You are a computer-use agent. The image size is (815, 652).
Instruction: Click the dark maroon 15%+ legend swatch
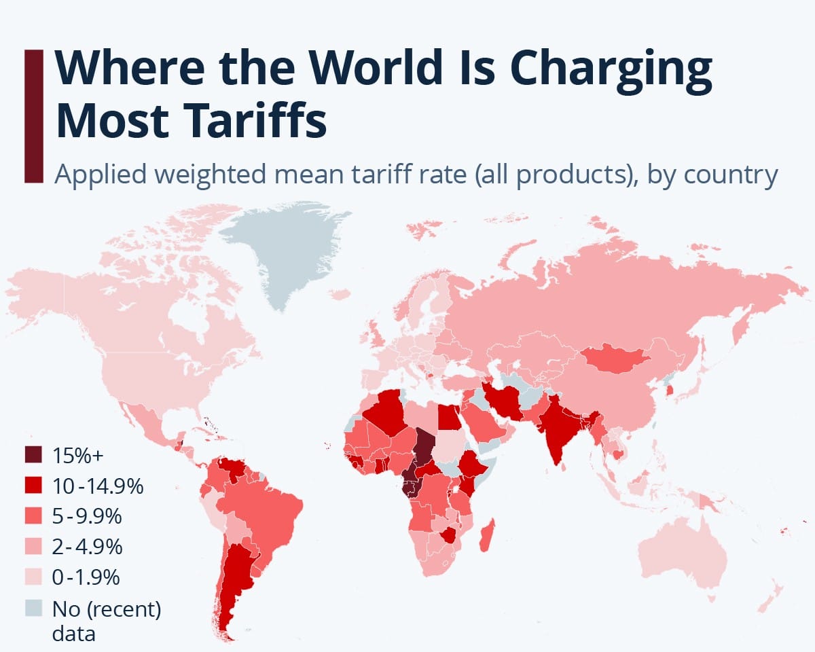pyautogui.click(x=33, y=454)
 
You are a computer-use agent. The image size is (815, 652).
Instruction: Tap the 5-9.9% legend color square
pyautogui.click(x=33, y=516)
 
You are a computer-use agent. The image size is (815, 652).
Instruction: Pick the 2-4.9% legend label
pyautogui.click(x=87, y=547)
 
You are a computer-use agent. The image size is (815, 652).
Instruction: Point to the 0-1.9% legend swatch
pyautogui.click(x=33, y=577)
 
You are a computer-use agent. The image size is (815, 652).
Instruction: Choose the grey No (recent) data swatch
pyautogui.click(x=33, y=609)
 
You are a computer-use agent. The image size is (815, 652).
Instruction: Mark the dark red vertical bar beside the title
pyautogui.click(x=33, y=115)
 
